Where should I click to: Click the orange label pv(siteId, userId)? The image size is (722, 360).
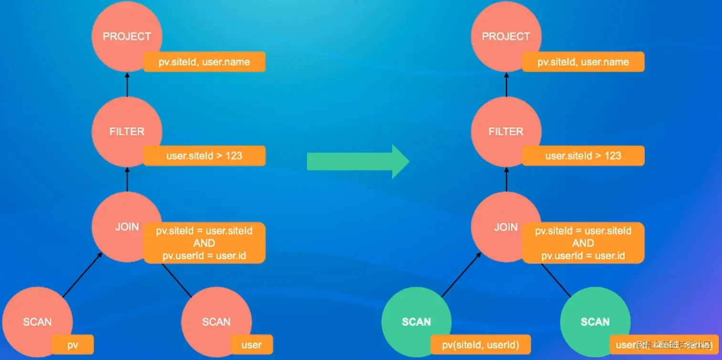[x=480, y=344]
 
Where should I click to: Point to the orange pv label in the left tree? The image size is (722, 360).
[x=73, y=344]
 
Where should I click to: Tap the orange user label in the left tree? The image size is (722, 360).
[x=252, y=344]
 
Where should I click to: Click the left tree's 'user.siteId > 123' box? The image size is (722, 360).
[x=204, y=156]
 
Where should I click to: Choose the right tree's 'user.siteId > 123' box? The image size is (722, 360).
[x=583, y=156]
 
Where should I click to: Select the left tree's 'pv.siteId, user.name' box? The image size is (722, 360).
[x=204, y=62]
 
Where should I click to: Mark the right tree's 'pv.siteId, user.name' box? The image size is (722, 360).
[x=583, y=62]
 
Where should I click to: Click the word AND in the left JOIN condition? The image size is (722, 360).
[x=204, y=243]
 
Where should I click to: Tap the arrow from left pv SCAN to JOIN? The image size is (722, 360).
[x=82, y=275]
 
